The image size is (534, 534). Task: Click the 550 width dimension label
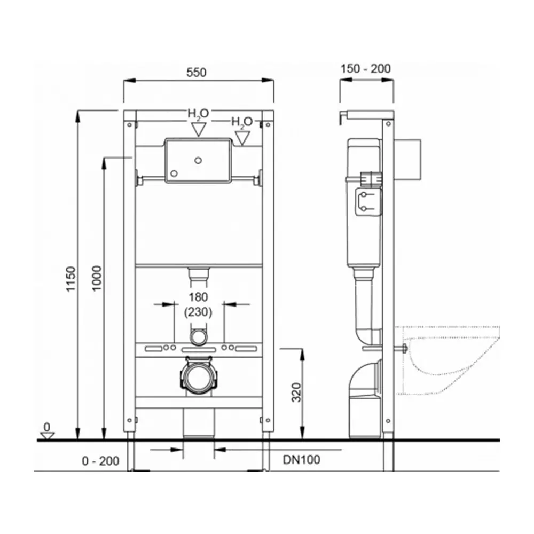[x=197, y=72]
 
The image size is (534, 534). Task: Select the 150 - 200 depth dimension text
[x=365, y=68]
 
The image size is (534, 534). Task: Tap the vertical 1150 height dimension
[x=70, y=279]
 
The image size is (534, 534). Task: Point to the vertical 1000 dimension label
[x=97, y=278]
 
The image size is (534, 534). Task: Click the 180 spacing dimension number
[x=198, y=297]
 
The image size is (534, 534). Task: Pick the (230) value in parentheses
[x=198, y=312]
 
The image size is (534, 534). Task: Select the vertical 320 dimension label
[x=296, y=392]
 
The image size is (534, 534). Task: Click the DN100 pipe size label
[x=301, y=459]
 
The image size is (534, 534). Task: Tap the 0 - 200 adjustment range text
[x=100, y=461]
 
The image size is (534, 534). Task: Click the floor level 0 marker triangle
[x=48, y=436]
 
